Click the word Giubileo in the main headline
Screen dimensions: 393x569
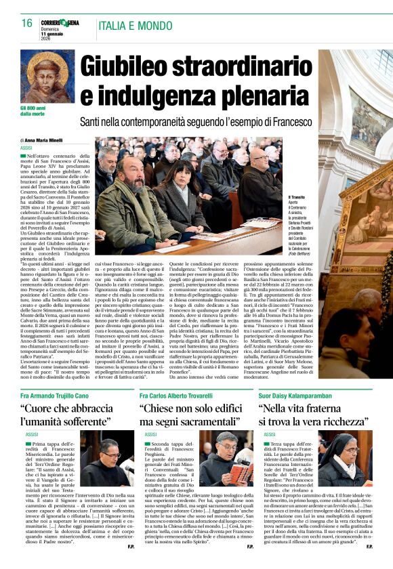(x=131, y=66)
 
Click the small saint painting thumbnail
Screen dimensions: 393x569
(x=47, y=77)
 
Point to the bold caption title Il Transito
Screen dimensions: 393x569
(x=299, y=198)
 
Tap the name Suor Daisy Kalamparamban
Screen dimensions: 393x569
(x=299, y=395)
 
